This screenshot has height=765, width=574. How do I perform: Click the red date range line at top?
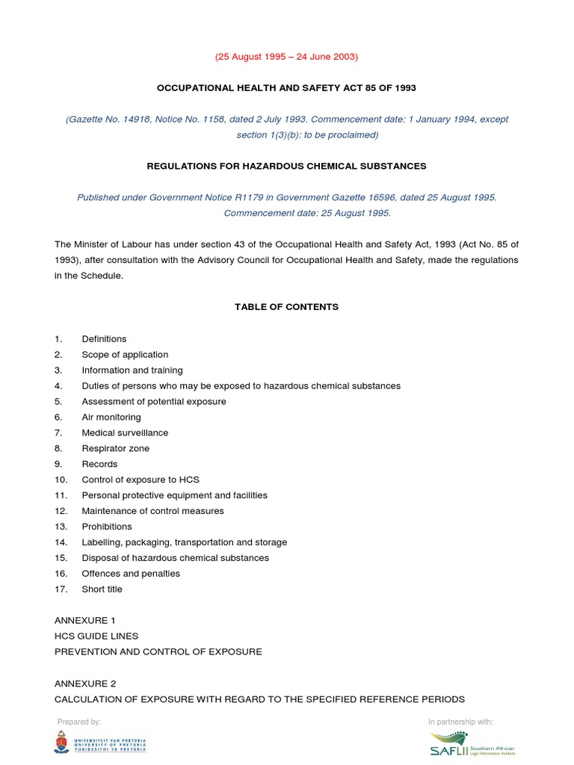[x=286, y=57]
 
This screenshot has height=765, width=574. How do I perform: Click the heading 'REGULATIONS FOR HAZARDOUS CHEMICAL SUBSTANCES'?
[x=286, y=166]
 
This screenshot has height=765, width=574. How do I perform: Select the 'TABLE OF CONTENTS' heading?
[x=286, y=307]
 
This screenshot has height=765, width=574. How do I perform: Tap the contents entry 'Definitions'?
[x=104, y=339]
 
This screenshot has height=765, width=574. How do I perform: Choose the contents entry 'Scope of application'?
[x=125, y=355]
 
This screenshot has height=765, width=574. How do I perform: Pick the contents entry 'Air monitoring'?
[x=111, y=418]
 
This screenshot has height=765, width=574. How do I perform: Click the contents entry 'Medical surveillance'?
[x=125, y=433]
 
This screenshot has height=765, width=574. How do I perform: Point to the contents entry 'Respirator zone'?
[x=115, y=449]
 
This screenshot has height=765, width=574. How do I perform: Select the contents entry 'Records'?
[x=99, y=465]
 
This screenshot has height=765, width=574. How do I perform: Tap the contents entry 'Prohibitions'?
[x=107, y=527]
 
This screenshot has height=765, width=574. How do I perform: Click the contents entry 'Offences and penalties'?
[x=131, y=574]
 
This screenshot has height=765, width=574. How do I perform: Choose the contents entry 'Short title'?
[x=102, y=589]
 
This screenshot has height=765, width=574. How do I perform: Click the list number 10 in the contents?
[x=61, y=480]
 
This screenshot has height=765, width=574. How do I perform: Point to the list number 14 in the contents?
[x=61, y=542]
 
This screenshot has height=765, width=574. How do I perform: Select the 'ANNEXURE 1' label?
[x=84, y=621]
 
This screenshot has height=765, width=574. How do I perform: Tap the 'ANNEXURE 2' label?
[x=84, y=684]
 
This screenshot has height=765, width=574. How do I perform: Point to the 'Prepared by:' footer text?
[x=78, y=722]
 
